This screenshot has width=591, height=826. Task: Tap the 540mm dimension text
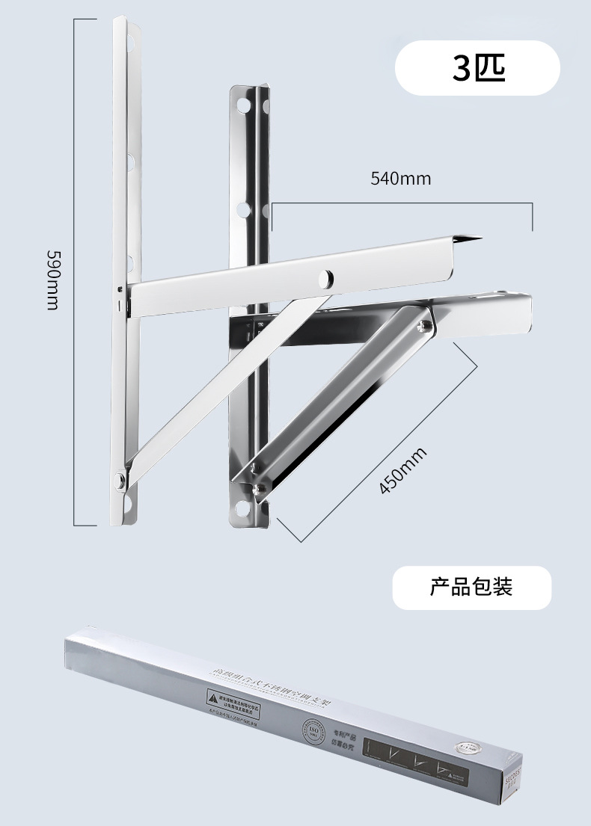(401, 179)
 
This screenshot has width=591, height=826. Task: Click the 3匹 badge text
(478, 68)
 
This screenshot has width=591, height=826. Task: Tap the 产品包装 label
(471, 587)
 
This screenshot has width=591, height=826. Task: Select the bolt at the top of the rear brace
(424, 324)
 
